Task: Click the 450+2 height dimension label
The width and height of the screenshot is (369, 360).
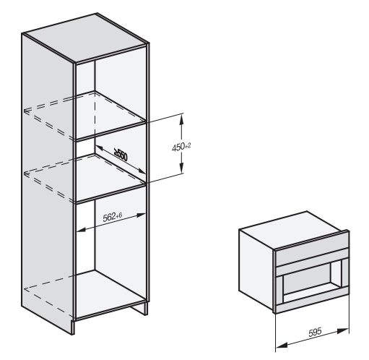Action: click(181, 147)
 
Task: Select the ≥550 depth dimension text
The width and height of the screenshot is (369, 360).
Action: click(121, 155)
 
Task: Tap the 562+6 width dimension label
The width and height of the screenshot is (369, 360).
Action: click(113, 216)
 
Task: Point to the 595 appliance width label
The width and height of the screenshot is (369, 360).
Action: click(315, 332)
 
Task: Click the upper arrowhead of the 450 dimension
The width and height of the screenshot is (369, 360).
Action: click(181, 119)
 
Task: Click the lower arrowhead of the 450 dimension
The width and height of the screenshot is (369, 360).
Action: click(181, 168)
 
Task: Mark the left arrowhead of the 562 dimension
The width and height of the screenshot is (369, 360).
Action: click(81, 230)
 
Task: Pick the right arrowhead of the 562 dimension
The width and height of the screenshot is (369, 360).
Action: click(141, 215)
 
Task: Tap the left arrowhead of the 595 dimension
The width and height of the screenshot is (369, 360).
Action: click(282, 345)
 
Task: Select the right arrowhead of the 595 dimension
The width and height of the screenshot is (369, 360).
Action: click(343, 331)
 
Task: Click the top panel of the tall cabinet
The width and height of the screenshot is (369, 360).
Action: click(85, 37)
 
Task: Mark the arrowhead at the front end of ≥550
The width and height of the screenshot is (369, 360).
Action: click(141, 171)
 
